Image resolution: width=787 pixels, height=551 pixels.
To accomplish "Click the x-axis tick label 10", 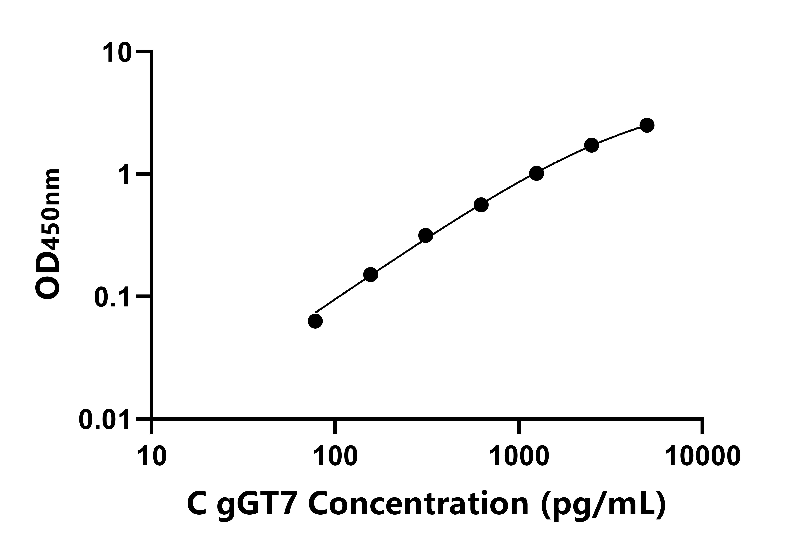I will [152, 457].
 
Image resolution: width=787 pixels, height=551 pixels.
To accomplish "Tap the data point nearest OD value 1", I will [536, 174].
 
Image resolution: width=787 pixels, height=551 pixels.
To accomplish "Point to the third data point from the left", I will [426, 236].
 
